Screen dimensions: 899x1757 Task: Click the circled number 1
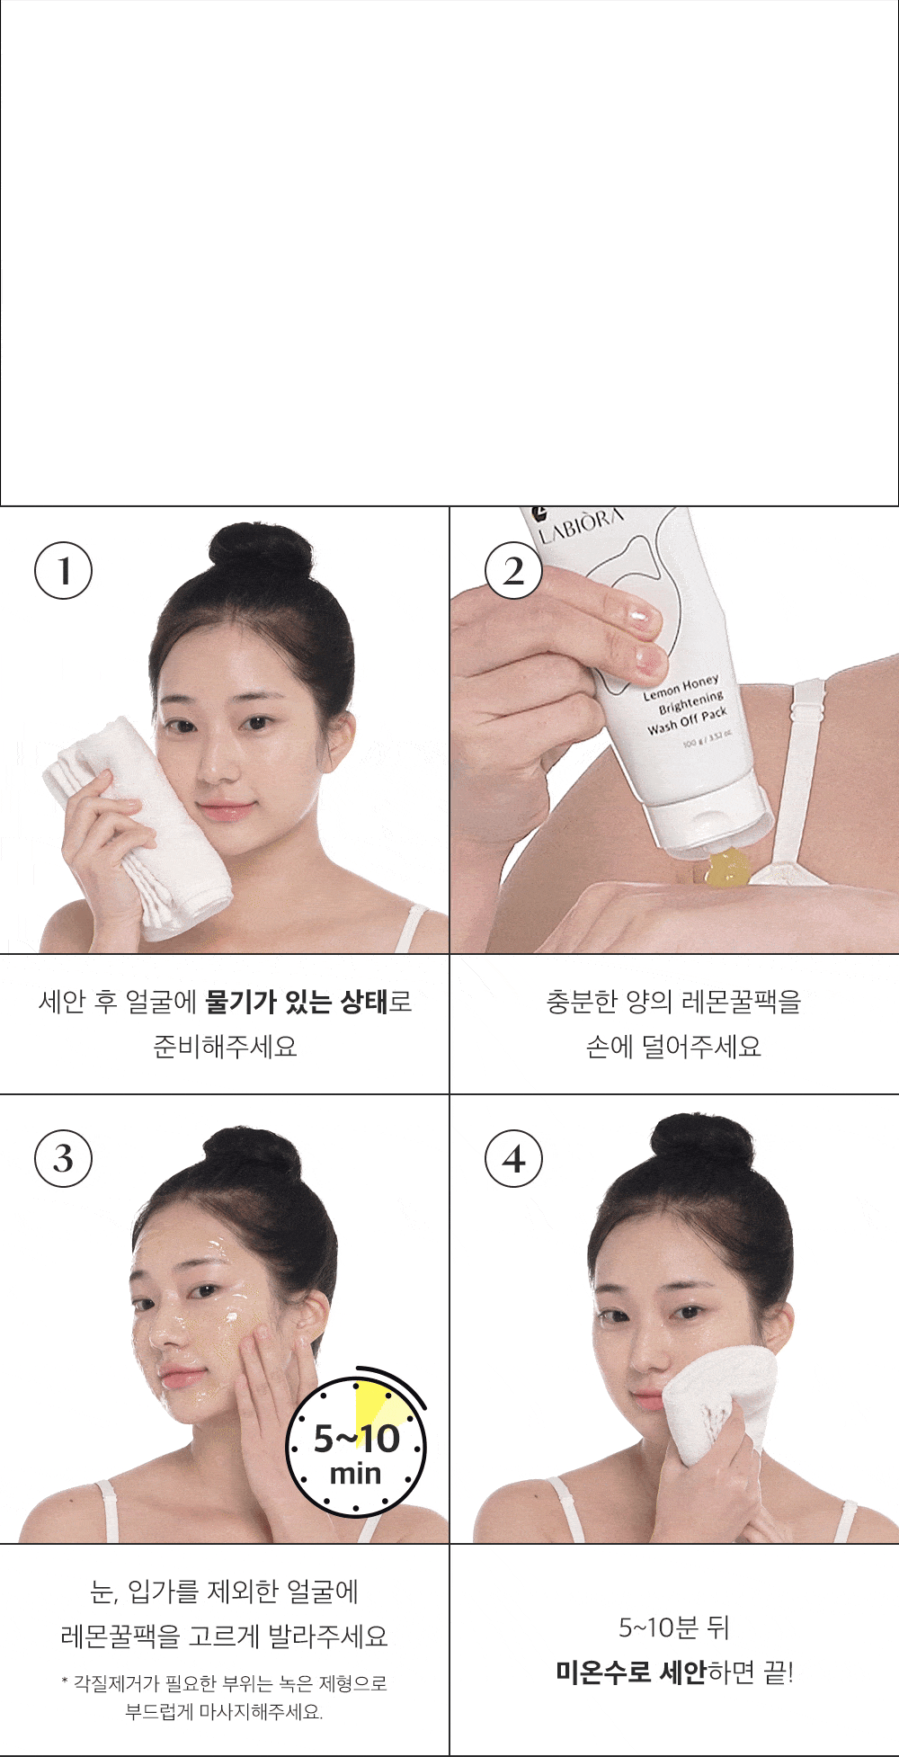pyautogui.click(x=63, y=571)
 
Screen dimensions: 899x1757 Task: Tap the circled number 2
pyautogui.click(x=513, y=571)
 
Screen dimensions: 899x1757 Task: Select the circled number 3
pyautogui.click(x=63, y=1158)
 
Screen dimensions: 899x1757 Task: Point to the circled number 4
pyautogui.click(x=513, y=1158)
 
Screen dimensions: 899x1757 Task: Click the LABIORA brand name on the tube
pyautogui.click(x=580, y=524)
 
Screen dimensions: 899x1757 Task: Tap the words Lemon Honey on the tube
pyautogui.click(x=681, y=687)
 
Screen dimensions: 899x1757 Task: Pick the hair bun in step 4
pyautogui.click(x=700, y=1141)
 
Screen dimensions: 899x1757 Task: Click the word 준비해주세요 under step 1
pyautogui.click(x=225, y=1046)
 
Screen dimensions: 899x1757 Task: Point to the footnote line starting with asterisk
pyautogui.click(x=225, y=1682)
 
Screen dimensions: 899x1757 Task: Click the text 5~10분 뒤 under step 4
pyautogui.click(x=674, y=1627)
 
